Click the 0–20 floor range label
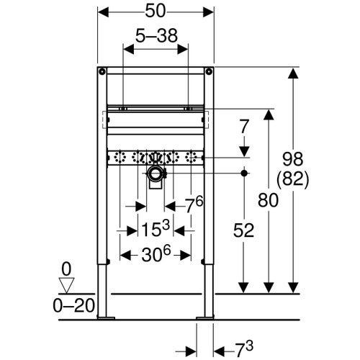[74, 305]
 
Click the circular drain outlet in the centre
[156, 174]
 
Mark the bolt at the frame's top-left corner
[103, 71]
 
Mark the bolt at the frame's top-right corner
[209, 71]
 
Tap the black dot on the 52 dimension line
[246, 174]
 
